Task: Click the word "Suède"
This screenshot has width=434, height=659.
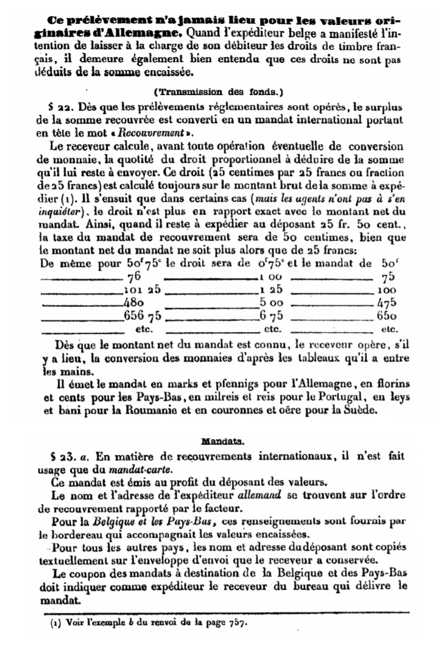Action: pos(363,411)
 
